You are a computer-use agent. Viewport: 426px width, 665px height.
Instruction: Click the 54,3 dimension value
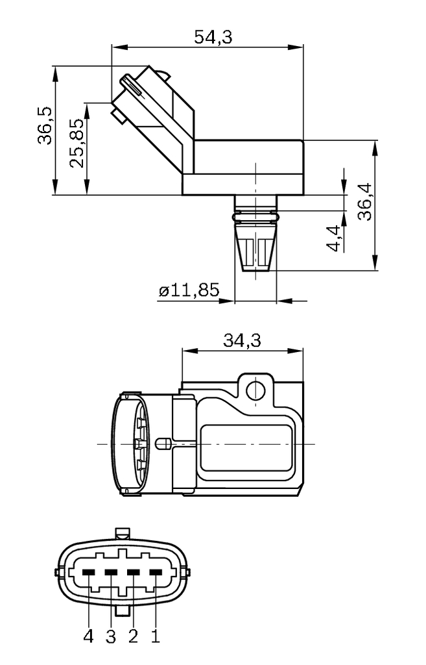pyautogui.click(x=213, y=37)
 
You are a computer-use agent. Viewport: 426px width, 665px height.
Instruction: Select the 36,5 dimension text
pyautogui.click(x=45, y=125)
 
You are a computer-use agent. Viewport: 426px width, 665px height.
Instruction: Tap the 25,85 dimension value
pyautogui.click(x=77, y=143)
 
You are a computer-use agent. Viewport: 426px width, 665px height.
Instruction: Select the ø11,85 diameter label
pyautogui.click(x=189, y=290)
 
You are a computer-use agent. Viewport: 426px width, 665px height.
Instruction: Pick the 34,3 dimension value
pyautogui.click(x=242, y=340)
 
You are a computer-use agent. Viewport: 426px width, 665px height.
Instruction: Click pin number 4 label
pyautogui.click(x=88, y=636)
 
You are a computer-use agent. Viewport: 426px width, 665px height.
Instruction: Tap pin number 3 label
pyautogui.click(x=111, y=636)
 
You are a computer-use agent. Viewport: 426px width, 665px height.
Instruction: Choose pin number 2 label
pyautogui.click(x=134, y=636)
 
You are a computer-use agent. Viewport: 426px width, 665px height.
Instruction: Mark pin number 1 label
pyautogui.click(x=156, y=636)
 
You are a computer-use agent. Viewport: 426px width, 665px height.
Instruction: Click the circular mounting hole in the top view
pyautogui.click(x=256, y=390)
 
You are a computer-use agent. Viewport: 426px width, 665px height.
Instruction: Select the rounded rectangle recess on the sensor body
pyautogui.click(x=245, y=448)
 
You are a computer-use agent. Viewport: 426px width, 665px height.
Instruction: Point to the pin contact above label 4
pyautogui.click(x=89, y=572)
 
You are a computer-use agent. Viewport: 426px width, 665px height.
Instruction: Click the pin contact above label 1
pyautogui.click(x=156, y=572)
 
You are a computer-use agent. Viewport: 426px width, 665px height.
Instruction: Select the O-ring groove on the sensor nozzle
pyautogui.click(x=256, y=215)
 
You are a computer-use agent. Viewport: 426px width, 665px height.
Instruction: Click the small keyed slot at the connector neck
pyautogui.click(x=164, y=444)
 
